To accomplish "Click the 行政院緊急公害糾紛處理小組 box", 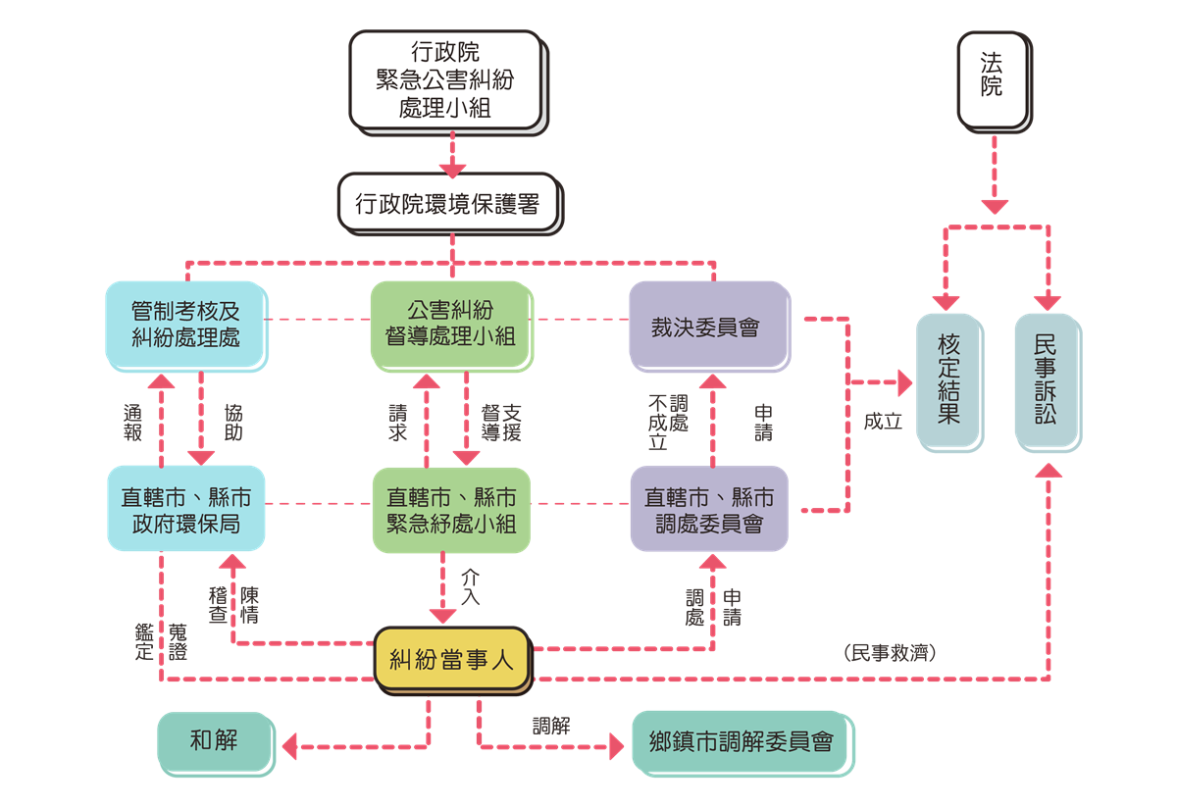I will pyautogui.click(x=445, y=80).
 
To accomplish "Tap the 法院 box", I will pyautogui.click(x=992, y=79).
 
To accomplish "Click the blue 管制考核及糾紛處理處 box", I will pyautogui.click(x=185, y=324).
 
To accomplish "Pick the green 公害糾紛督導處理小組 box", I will pyautogui.click(x=450, y=324).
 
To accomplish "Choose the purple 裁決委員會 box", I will pyautogui.click(x=709, y=327).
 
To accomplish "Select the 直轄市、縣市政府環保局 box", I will pyautogui.click(x=185, y=508).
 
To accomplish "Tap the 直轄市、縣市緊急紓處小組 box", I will pyautogui.click(x=450, y=508).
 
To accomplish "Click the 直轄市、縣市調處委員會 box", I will pyautogui.click(x=709, y=508).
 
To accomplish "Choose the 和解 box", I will pyautogui.click(x=214, y=740).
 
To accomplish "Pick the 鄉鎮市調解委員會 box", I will pyautogui.click(x=741, y=741).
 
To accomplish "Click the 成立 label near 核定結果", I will pyautogui.click(x=882, y=422).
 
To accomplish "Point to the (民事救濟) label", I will pyautogui.click(x=889, y=653).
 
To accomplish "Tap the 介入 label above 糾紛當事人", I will pyautogui.click(x=471, y=586).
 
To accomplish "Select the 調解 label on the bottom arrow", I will pyautogui.click(x=551, y=726).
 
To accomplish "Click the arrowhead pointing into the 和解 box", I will pyautogui.click(x=287, y=747).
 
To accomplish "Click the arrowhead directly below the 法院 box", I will pyautogui.click(x=995, y=207).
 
